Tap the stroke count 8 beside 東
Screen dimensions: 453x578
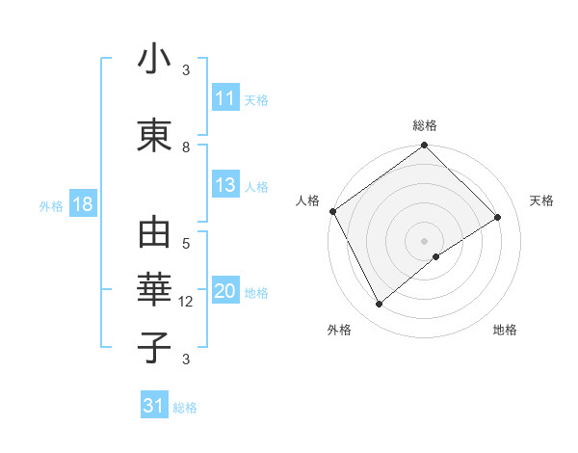tap(186, 147)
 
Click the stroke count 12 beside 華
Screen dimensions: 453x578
tap(186, 302)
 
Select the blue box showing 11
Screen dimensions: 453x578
tap(225, 98)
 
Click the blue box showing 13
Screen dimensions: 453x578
tap(225, 186)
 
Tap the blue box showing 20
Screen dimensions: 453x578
tap(225, 292)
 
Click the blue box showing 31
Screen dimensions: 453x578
tap(154, 406)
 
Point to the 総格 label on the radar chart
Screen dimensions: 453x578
tap(424, 125)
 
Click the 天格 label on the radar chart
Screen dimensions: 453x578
tap(541, 200)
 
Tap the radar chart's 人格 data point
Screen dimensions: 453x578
tap(332, 211)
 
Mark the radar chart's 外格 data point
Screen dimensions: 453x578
tap(379, 305)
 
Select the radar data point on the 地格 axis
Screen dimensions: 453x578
tap(436, 256)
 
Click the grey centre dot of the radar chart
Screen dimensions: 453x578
tap(424, 239)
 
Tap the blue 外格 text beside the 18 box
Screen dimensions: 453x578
tap(51, 206)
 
